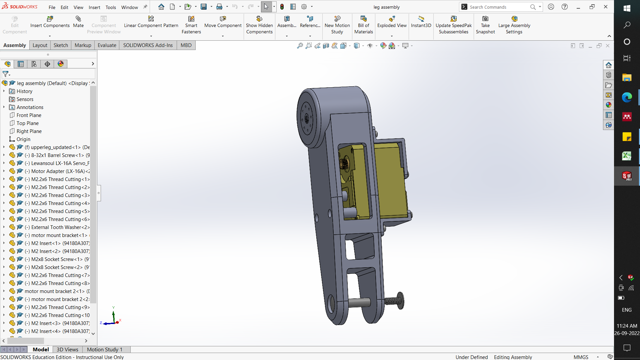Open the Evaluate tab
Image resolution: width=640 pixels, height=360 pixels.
107,45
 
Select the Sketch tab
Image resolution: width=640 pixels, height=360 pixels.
61,45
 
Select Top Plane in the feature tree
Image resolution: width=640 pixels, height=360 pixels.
27,123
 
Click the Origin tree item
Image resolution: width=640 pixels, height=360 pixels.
23,139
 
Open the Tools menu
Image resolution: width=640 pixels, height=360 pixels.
111,7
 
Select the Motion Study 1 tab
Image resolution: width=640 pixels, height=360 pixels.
104,349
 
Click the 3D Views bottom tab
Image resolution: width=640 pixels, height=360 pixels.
67,349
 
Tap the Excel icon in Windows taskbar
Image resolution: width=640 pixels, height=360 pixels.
627,156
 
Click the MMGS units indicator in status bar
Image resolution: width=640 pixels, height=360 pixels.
581,357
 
